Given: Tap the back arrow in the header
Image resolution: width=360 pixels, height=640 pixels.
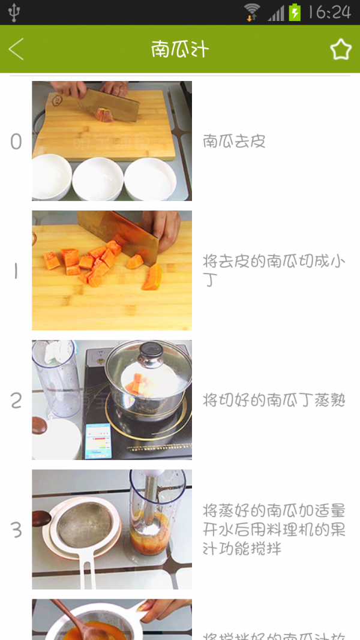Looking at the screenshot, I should click(x=16, y=49).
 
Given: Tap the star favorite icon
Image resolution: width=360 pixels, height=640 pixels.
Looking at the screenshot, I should click(x=340, y=49).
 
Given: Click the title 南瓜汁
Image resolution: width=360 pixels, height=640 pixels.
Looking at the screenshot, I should click(x=179, y=49).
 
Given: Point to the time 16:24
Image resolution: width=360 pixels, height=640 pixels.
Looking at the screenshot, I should click(x=329, y=12).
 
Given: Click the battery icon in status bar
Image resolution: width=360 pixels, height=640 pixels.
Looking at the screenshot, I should click(x=294, y=12).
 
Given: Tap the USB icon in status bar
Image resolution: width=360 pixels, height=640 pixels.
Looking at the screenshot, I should click(x=14, y=12).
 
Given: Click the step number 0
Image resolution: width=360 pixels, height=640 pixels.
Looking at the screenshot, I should click(x=16, y=142).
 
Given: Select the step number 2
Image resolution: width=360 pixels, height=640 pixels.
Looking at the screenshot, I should click(x=16, y=401).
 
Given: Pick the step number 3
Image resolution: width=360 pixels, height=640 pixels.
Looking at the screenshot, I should click(x=16, y=530).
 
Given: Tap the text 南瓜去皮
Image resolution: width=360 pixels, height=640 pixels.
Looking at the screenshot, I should click(x=234, y=142).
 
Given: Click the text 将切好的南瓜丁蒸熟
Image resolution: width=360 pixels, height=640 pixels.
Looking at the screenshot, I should click(x=274, y=401).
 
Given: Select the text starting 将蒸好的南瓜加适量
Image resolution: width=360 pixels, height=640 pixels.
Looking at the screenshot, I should click(x=274, y=530).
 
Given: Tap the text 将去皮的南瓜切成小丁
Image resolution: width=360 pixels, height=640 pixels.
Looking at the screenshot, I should click(x=274, y=271).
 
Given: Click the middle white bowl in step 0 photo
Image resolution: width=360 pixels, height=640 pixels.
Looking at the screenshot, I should click(x=98, y=179).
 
